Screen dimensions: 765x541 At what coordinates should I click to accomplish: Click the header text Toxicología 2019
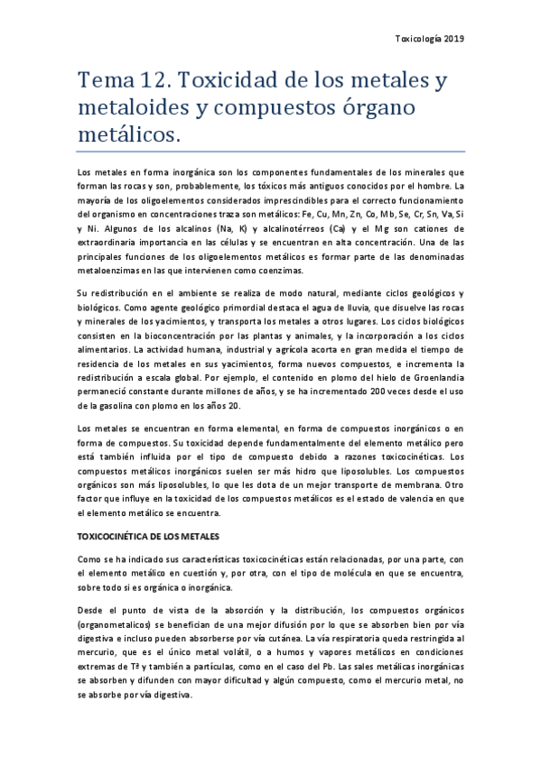431,39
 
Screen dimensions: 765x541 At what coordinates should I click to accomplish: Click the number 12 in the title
152,82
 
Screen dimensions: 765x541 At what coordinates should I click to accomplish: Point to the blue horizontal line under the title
270,152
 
